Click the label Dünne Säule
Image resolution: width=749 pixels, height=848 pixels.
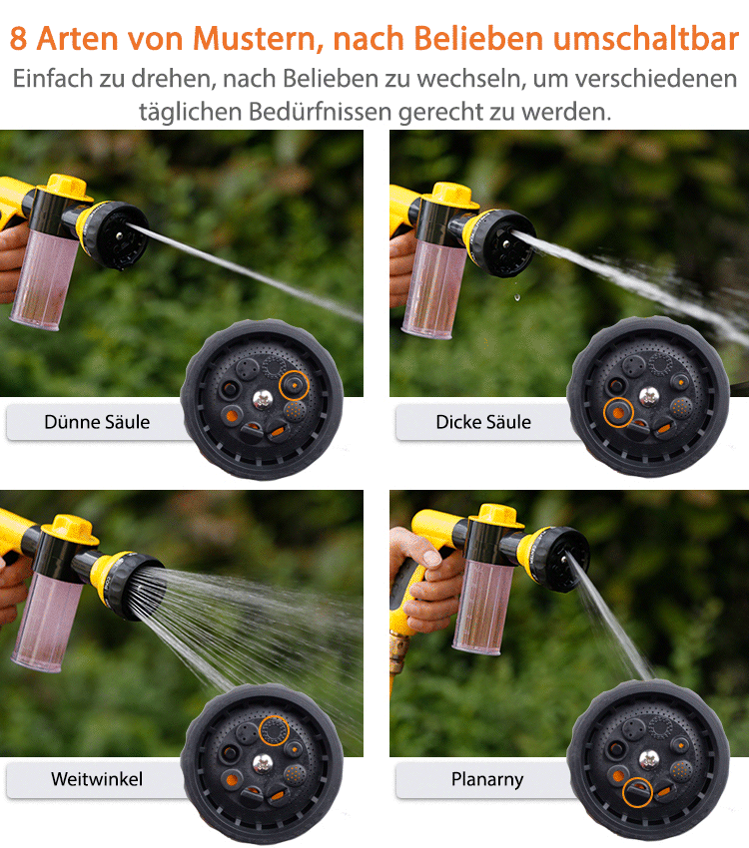pos(97,422)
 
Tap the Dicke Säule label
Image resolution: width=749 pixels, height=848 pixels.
pos(483,422)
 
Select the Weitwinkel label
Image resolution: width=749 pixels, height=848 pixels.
pos(97,779)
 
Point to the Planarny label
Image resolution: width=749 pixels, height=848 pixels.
pos(487,779)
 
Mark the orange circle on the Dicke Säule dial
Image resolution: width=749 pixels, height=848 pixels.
pos(619,411)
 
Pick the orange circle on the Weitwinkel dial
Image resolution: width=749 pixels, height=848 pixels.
pos(274,731)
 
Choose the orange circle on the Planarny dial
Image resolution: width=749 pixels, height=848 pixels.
pos(637,793)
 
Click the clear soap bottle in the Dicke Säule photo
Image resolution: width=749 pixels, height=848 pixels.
pos(431,289)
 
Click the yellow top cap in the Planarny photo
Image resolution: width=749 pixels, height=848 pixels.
pos(497,516)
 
